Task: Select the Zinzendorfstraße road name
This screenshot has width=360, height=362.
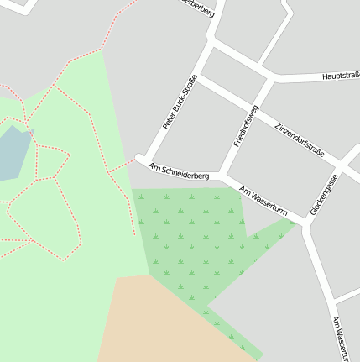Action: [x=299, y=136]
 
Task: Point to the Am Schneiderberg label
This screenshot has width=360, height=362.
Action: [x=178, y=171]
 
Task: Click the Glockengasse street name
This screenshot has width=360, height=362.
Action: [x=323, y=193]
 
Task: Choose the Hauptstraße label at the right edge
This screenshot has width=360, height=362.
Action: [x=341, y=76]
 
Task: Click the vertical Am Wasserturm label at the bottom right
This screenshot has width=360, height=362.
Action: [x=339, y=338]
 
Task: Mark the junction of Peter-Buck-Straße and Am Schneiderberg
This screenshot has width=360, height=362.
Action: [x=143, y=160]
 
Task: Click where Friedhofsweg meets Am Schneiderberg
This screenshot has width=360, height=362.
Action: [x=221, y=176]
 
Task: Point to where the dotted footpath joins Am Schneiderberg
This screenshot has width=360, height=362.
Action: [x=136, y=159]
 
